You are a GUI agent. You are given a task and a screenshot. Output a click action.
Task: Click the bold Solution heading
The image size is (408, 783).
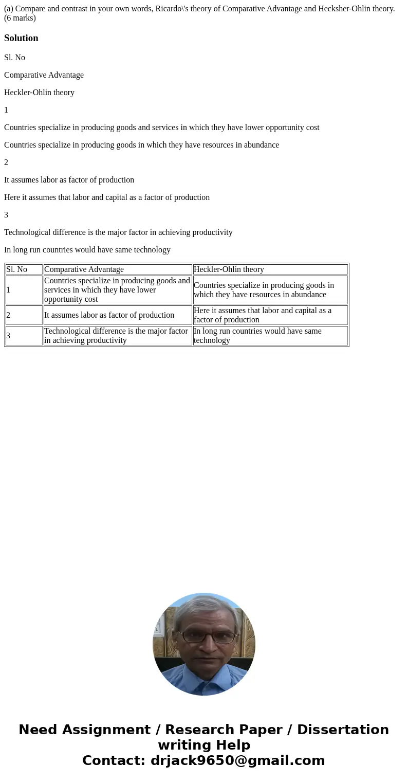click(x=21, y=38)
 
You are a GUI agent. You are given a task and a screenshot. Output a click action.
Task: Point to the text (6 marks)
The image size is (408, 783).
click(x=20, y=18)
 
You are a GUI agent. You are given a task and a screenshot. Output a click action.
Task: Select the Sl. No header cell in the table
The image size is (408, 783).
click(x=24, y=269)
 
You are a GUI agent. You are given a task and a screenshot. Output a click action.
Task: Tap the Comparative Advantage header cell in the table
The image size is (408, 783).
click(x=118, y=269)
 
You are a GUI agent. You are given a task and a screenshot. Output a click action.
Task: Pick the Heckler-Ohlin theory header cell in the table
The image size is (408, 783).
click(x=270, y=269)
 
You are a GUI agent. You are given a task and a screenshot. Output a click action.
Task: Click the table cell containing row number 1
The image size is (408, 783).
click(x=24, y=290)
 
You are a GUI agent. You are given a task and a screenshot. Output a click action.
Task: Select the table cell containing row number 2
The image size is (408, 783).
click(x=24, y=315)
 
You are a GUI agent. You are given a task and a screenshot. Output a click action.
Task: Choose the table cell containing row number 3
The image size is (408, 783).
click(x=24, y=336)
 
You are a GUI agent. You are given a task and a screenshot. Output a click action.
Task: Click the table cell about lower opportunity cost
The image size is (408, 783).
click(x=118, y=290)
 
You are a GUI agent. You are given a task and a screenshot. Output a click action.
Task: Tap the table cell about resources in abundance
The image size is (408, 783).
click(x=270, y=290)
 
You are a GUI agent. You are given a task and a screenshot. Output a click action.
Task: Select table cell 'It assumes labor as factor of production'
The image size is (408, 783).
click(x=118, y=315)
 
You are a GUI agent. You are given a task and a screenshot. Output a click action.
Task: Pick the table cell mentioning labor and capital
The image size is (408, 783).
click(x=270, y=315)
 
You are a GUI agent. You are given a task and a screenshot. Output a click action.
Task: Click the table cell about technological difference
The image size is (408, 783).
click(x=118, y=336)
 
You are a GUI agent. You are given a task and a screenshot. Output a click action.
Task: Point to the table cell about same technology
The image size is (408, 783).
click(x=270, y=336)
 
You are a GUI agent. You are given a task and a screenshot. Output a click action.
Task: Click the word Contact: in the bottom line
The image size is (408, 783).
click(x=114, y=760)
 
